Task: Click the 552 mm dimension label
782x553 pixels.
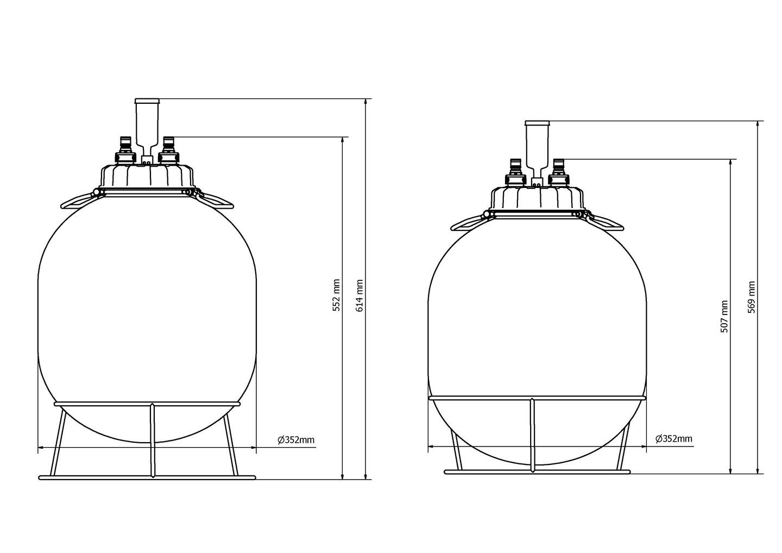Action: click(337, 296)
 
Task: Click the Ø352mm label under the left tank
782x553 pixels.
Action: click(296, 440)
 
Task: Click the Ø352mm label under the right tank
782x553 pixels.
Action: click(673, 438)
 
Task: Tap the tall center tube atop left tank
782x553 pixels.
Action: click(147, 122)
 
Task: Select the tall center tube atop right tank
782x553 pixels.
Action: click(537, 144)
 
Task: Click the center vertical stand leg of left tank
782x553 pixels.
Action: click(153, 440)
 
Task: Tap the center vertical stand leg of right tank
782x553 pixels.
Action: click(533, 435)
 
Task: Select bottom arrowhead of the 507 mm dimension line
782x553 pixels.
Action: click(731, 470)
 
